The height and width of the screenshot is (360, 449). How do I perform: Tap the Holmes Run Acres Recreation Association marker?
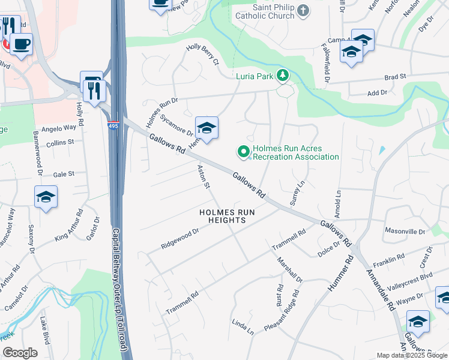244,152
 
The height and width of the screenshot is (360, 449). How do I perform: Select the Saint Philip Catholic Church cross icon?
303,10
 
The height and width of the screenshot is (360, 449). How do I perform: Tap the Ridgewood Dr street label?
179,239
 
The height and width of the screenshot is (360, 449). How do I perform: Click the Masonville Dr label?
405,231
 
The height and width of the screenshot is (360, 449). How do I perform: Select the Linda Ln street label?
243,328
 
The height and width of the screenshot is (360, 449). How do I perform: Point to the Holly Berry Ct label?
202,55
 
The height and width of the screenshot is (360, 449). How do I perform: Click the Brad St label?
395,77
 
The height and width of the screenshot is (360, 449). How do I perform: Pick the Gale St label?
63,174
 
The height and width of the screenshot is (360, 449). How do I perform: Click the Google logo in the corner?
20,353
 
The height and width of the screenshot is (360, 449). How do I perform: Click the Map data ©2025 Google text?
411,355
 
